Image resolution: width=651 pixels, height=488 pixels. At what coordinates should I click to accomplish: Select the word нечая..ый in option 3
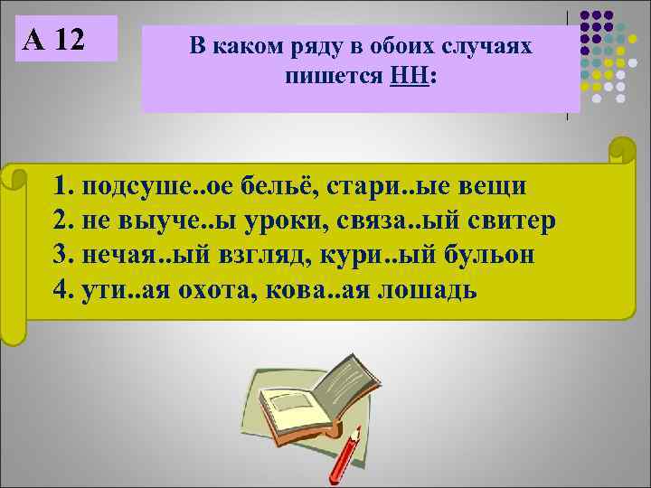(138, 256)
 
